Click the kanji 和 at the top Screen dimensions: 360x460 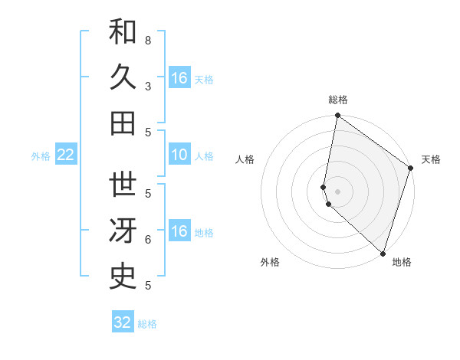click(123, 34)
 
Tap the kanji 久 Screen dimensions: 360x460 click(123, 78)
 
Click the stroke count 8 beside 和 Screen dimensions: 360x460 click(148, 40)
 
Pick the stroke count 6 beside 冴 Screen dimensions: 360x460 click(148, 240)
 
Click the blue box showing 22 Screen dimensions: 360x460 click(66, 155)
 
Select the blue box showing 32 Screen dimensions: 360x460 click(123, 322)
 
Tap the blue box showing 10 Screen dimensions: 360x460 click(179, 155)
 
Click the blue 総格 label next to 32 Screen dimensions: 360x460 click(147, 324)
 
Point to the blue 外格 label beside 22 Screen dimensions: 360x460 click(41, 156)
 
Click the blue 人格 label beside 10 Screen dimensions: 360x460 click(204, 156)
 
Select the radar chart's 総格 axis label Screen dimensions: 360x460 click(338, 100)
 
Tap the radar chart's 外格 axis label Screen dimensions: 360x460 click(270, 262)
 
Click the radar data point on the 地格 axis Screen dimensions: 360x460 click(383, 253)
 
